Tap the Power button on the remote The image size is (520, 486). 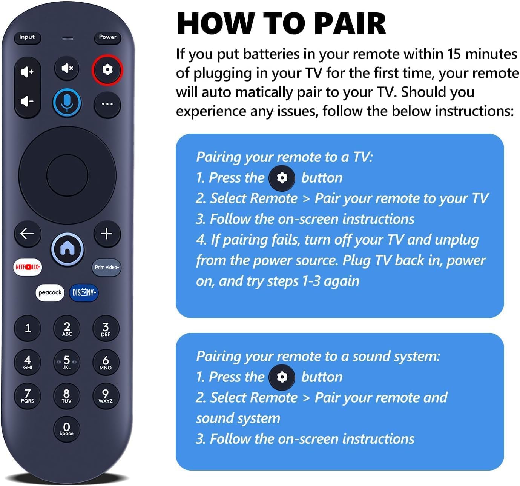107,37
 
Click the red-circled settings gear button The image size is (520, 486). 107,70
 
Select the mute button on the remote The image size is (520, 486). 67,68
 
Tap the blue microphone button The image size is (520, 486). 67,103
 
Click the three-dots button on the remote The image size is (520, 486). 107,104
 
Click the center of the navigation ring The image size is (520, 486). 67,175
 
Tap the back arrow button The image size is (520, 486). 27,234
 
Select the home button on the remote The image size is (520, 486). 67,249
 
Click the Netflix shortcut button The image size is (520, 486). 28,267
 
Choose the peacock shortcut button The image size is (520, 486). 50,292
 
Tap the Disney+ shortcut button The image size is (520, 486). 84,292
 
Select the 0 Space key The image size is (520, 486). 66,429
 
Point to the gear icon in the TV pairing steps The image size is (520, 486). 282,178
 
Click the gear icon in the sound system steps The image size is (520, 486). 282,377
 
